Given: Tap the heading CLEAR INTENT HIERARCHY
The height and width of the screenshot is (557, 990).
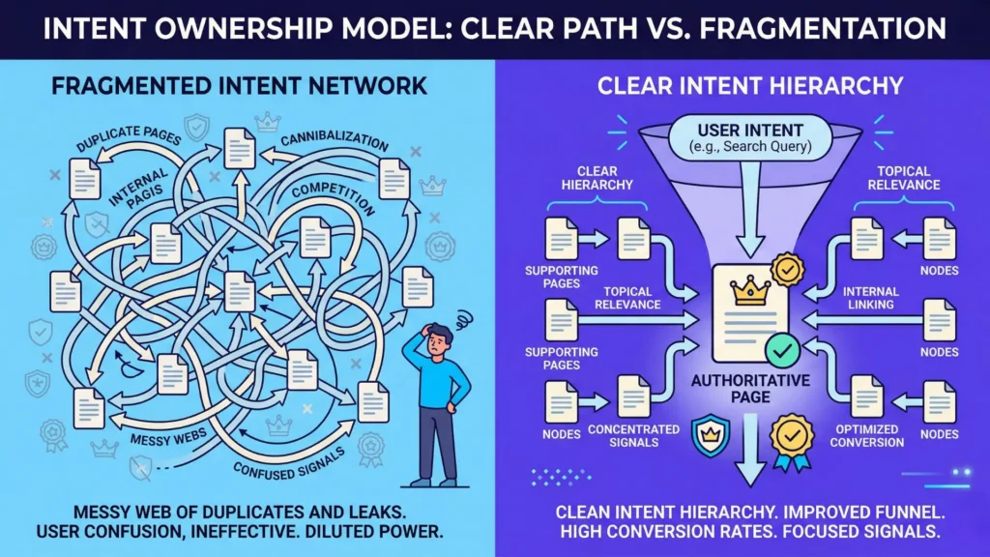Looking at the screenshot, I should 750,86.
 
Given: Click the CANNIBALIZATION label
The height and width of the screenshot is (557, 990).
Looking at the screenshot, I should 335,143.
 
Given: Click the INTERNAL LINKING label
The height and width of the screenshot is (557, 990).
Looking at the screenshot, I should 870,298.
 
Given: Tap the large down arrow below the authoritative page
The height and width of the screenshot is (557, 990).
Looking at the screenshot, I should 749,464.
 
